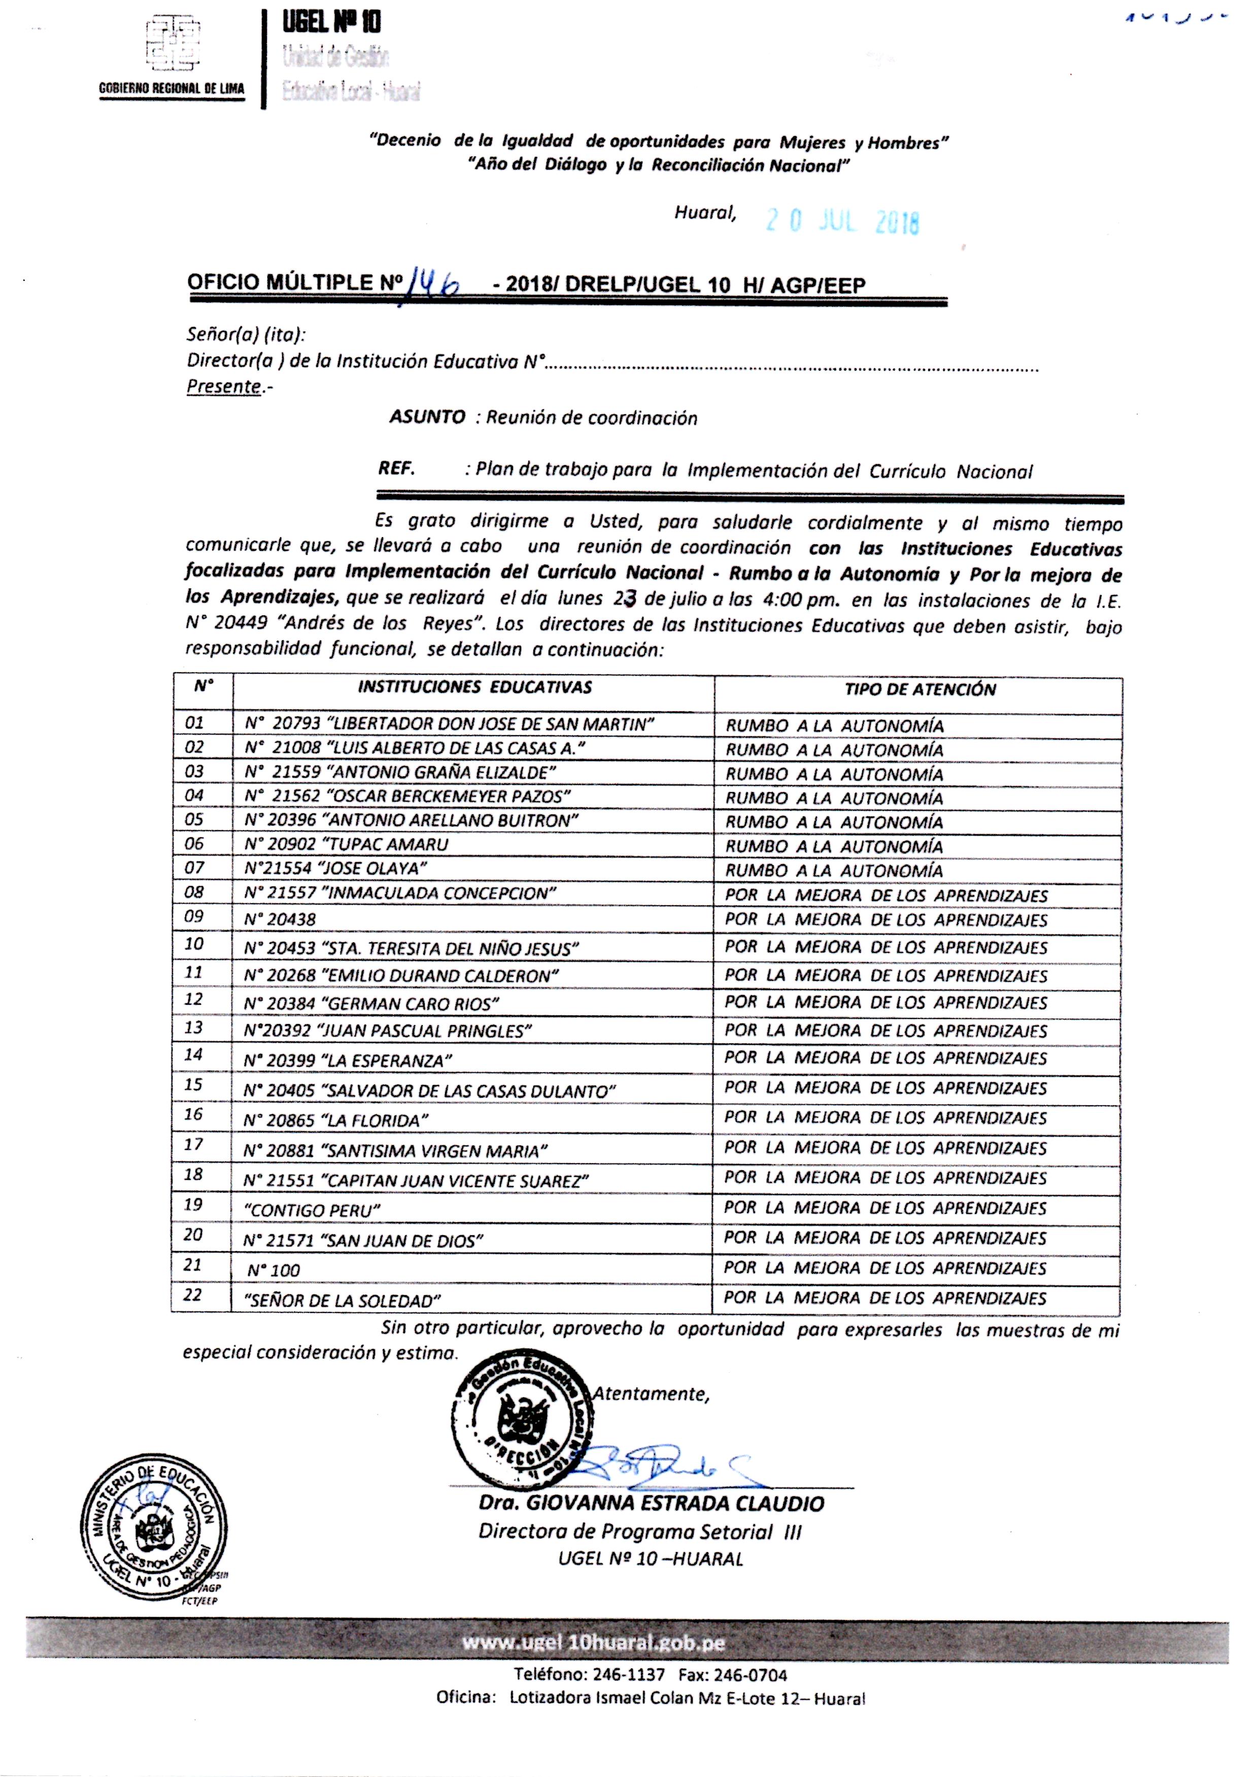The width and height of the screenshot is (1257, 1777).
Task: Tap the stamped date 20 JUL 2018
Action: pos(842,222)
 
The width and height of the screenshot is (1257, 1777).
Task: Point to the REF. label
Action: pos(396,469)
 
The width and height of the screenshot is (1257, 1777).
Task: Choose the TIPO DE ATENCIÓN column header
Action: pos(920,690)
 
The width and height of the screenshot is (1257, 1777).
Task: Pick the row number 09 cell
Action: pos(194,917)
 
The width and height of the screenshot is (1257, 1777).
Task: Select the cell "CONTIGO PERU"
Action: pos(312,1209)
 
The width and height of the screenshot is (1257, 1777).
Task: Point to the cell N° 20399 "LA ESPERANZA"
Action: pos(348,1060)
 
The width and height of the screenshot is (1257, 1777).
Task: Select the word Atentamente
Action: pos(651,1394)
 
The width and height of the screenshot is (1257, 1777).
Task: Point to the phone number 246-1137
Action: pos(628,1675)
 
